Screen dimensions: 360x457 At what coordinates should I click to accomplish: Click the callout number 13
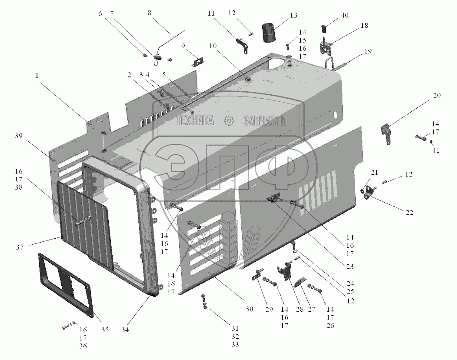coord(294,16)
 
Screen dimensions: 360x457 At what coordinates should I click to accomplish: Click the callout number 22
coord(409,212)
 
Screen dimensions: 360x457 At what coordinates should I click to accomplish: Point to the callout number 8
coord(150,13)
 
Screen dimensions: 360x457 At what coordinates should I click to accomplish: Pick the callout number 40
coord(344,15)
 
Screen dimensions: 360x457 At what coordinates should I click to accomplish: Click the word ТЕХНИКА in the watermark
coord(195,121)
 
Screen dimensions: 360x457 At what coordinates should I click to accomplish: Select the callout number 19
coord(368,51)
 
